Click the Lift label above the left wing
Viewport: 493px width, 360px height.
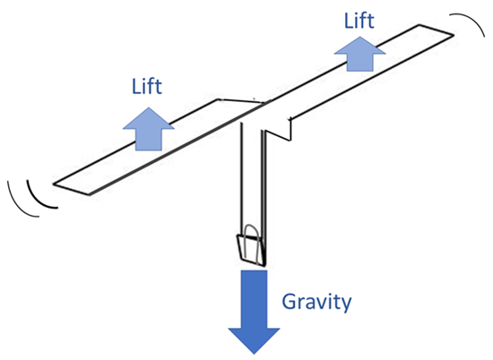tap(147, 86)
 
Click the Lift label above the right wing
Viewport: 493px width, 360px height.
tap(359, 21)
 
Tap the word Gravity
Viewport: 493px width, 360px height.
tap(316, 302)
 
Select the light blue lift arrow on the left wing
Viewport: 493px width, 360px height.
tap(149, 129)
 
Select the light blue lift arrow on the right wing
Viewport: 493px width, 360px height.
tap(359, 54)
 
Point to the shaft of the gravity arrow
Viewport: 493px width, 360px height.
tap(254, 299)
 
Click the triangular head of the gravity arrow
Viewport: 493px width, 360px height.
tap(254, 341)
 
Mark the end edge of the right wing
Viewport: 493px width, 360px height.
tap(436, 30)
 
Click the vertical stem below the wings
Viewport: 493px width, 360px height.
tap(254, 188)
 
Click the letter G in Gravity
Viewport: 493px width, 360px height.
tap(290, 302)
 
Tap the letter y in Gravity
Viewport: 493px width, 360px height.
tap(346, 305)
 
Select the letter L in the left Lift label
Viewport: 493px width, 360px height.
tap(136, 86)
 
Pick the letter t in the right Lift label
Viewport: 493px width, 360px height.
tap(370, 21)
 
